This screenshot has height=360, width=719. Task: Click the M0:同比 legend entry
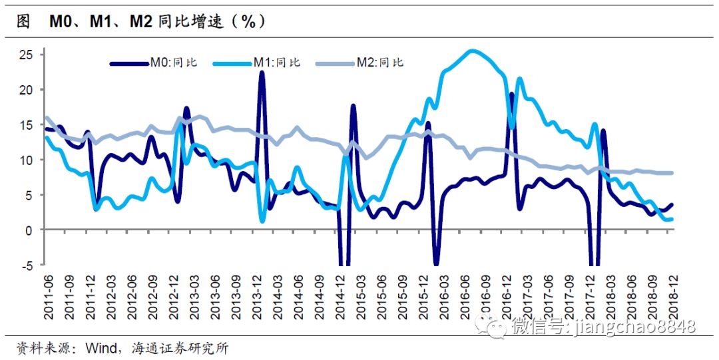(x=154, y=63)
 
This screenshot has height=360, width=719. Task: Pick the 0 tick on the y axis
(x=29, y=230)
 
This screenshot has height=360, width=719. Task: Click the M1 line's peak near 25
(x=472, y=51)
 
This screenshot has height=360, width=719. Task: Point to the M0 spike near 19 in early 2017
(x=512, y=94)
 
